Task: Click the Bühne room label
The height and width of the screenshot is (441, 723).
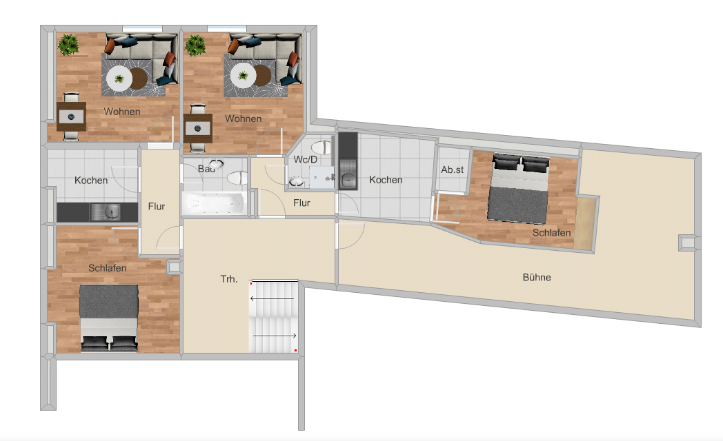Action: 537,277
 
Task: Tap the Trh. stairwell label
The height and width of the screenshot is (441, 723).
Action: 229,279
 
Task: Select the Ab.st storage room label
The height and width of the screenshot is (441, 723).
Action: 453,170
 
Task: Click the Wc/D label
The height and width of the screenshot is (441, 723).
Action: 305,159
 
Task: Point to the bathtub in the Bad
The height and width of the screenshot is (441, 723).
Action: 214,203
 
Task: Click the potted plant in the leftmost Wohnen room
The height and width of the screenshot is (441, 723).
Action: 69,45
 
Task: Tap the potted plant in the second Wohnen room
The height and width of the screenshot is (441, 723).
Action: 195,45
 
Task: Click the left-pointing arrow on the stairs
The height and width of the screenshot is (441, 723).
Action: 272,299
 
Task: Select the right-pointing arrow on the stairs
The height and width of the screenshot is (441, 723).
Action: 275,336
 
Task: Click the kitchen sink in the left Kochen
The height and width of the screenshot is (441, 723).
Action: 106,212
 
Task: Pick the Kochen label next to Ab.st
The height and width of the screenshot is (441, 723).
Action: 386,180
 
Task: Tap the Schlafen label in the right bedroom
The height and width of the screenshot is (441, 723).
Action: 551,233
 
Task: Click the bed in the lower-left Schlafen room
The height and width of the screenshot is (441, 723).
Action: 109,318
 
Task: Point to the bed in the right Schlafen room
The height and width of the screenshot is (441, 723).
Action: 519,188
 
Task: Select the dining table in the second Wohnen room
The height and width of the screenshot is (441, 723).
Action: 198,128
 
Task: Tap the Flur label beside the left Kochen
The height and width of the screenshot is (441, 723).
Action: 157,206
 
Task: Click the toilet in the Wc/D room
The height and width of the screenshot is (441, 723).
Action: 321,147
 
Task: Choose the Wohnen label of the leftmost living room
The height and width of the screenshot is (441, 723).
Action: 122,112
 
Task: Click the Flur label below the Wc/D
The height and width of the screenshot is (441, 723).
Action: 301,203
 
